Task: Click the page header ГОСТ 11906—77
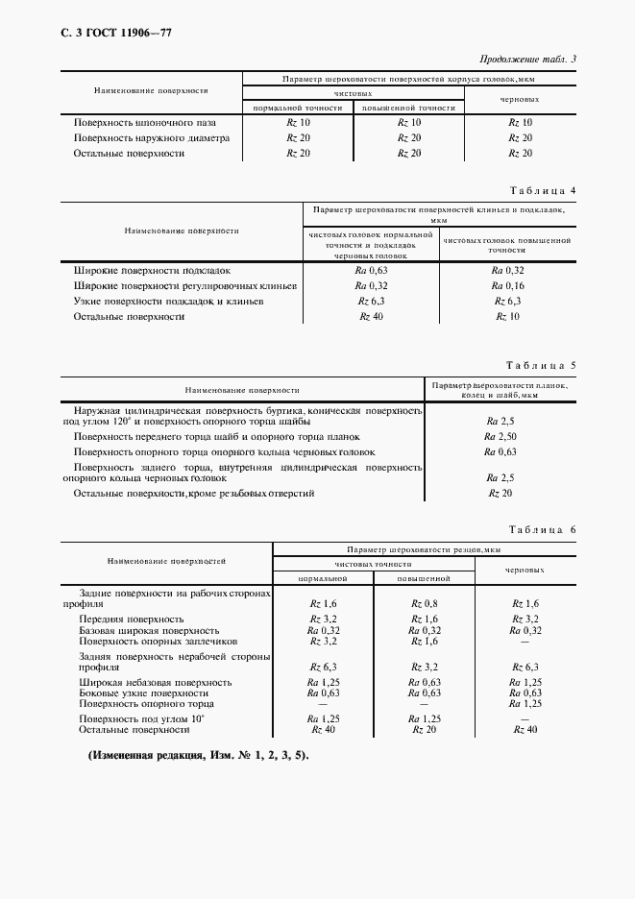pos(116,34)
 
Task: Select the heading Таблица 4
pos(543,190)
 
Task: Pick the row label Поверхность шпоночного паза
pos(145,123)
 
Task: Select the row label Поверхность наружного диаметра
pos(152,137)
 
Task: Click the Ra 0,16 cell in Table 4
pos(507,286)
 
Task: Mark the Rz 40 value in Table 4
pos(371,316)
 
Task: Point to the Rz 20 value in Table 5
pos(501,493)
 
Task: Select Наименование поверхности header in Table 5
pos(243,391)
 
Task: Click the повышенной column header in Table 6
pos(424,579)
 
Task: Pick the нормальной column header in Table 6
pos(322,579)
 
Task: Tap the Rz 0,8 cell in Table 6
pos(425,603)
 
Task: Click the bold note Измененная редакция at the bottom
pos(197,756)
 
